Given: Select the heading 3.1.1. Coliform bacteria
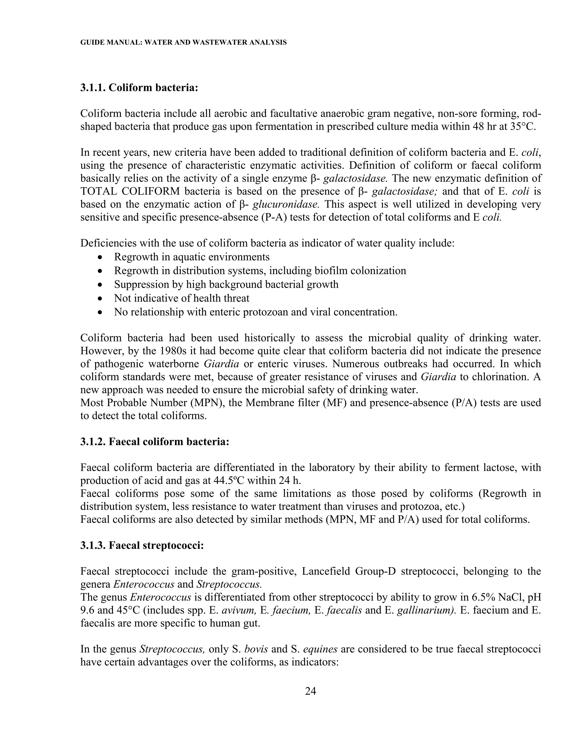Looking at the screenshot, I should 139,88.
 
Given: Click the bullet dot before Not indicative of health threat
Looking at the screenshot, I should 100,299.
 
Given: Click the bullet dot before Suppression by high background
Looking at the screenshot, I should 100,285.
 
